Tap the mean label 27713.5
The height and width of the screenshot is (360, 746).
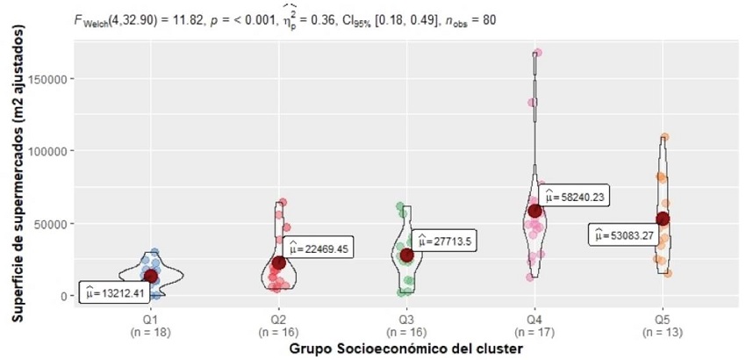coord(445,241)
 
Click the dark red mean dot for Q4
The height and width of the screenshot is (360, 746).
coord(535,210)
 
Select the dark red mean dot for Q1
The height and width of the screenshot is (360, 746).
coord(151,276)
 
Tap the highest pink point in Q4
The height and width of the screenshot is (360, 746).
coord(537,53)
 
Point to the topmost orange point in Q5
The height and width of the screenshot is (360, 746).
coord(665,137)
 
